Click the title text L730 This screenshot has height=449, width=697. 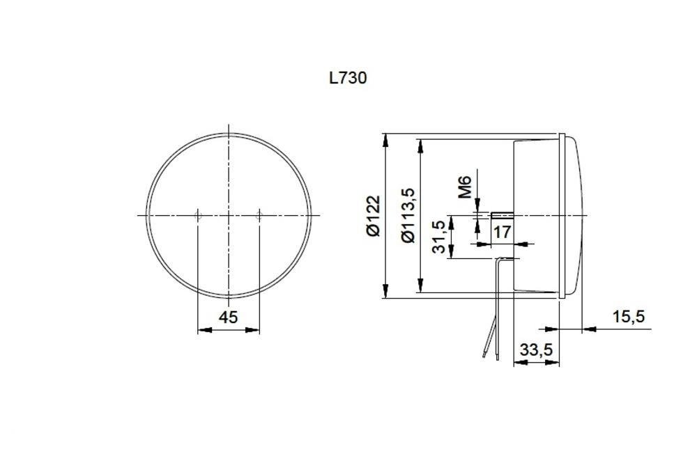tap(348, 77)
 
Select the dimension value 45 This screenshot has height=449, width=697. tap(229, 317)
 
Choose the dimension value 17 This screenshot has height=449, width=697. tap(503, 232)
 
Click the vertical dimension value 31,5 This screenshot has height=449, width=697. tap(439, 237)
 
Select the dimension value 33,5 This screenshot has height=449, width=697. tap(536, 350)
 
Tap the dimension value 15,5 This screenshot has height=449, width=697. tap(628, 317)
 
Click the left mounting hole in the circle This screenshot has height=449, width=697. tap(198, 216)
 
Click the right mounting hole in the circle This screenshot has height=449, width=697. tap(259, 216)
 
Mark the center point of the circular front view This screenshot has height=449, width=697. tap(229, 216)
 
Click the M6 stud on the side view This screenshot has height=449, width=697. tap(502, 214)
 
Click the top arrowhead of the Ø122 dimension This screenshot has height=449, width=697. tap(385, 139)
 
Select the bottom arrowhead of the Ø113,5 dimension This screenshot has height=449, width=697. tap(420, 286)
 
